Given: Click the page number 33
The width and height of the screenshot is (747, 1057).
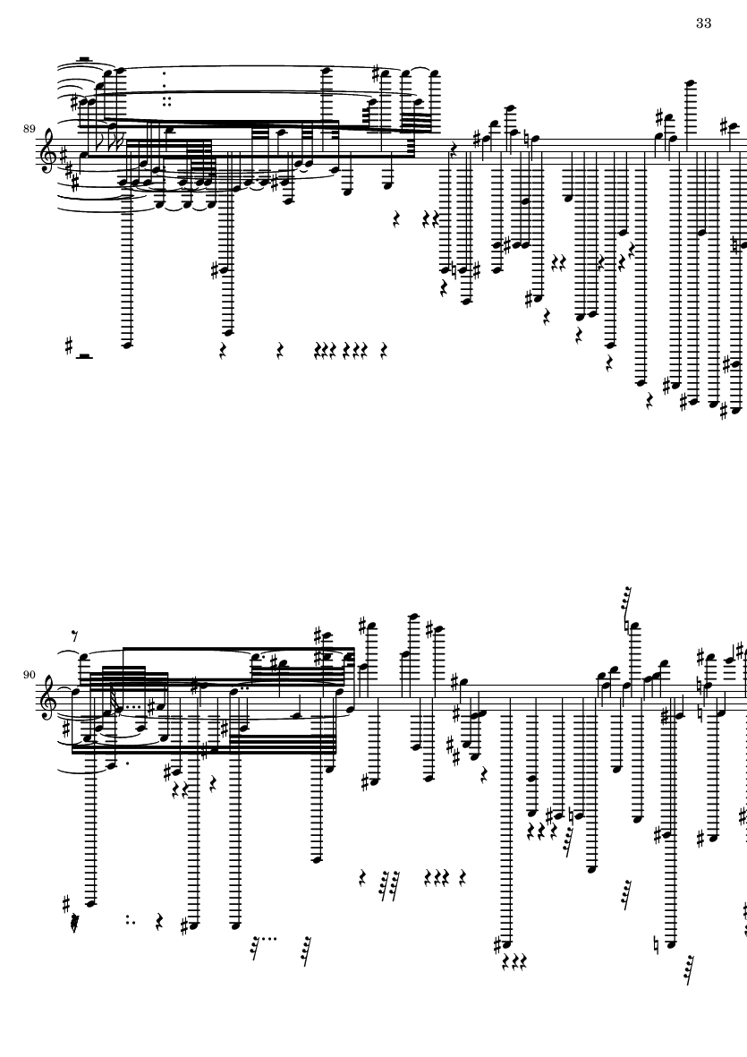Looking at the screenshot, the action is point(703,23).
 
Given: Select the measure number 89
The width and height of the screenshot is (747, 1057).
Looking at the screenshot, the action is point(29,129).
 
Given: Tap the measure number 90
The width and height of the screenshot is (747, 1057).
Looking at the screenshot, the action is point(29,675).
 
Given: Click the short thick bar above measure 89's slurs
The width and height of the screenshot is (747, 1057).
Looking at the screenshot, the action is point(83,59).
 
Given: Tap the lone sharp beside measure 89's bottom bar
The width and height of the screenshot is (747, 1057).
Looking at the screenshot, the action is point(68,345).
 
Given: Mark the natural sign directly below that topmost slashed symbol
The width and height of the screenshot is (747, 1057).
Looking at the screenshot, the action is point(627,627).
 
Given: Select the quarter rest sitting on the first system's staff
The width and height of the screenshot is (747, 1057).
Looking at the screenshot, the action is point(454,149).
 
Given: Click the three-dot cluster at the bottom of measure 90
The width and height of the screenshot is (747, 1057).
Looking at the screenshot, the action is point(129,918).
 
